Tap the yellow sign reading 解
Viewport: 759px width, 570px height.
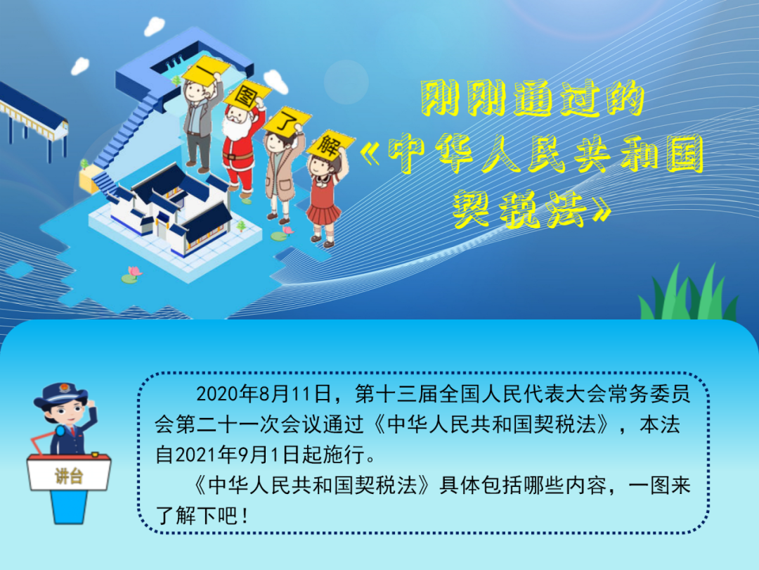tap(330, 144)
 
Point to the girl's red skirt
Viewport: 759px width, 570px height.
tap(323, 213)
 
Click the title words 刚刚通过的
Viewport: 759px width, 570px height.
tap(533, 99)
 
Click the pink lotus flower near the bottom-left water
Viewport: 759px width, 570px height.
tap(134, 272)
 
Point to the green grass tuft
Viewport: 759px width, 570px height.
tap(688, 293)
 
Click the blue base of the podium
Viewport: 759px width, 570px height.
tap(69, 507)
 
